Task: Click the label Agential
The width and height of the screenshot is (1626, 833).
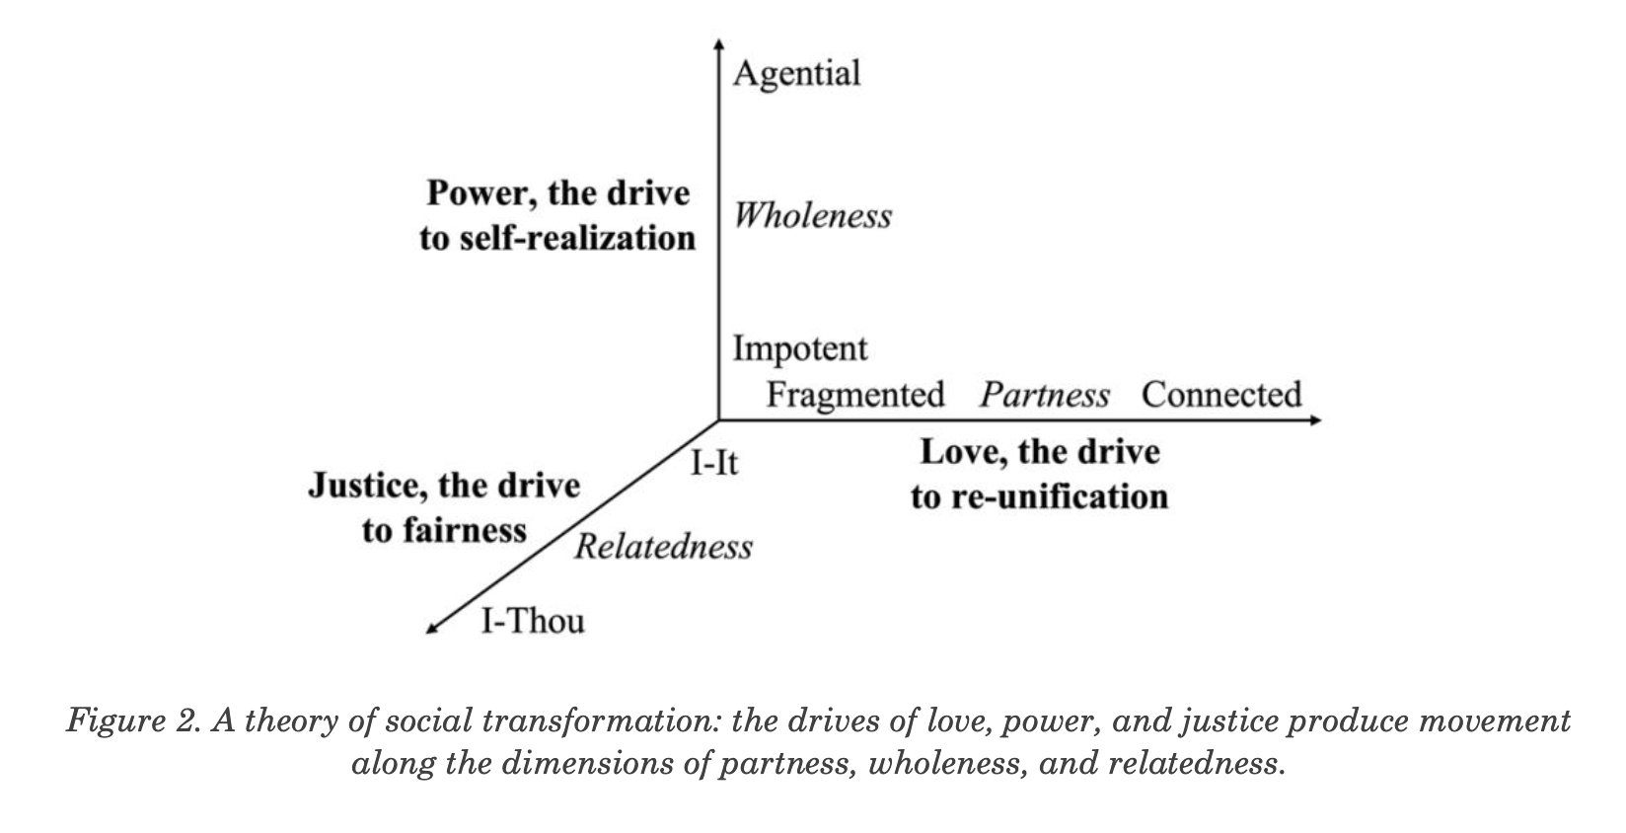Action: pos(796,74)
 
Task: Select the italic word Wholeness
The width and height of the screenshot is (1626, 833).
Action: pos(812,216)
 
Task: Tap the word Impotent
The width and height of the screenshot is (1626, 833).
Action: pos(800,348)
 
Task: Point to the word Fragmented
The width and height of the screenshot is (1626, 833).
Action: pos(855,395)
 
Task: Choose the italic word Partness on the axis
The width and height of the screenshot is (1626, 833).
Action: pos(1044,396)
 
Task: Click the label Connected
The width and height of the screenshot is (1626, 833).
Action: pos(1221,395)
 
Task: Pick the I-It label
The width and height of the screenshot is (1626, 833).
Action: pos(714,462)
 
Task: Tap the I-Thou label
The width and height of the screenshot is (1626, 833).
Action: pos(533,621)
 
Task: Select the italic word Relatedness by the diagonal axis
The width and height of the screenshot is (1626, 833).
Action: pos(663,547)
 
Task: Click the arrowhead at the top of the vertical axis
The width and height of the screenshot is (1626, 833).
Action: pos(718,42)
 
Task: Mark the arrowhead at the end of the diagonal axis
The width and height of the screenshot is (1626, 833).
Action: pos(431,628)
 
